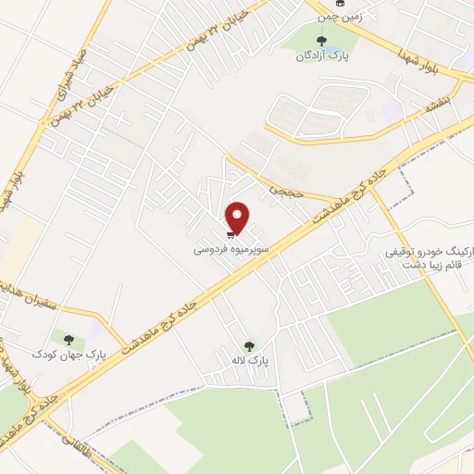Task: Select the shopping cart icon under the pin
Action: (x=231, y=234)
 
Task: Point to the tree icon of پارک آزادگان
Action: (x=321, y=41)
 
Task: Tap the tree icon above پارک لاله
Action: (x=247, y=344)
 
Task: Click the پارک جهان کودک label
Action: (x=56, y=354)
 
